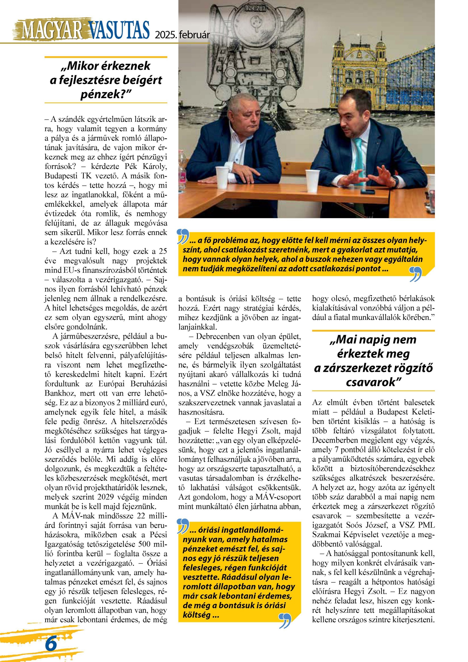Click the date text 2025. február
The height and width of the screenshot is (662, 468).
click(182, 35)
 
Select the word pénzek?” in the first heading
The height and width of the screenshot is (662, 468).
click(106, 94)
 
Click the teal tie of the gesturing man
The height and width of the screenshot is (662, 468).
click(358, 156)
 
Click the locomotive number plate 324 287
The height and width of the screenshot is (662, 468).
click(255, 9)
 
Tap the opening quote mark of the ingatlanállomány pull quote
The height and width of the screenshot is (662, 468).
click(183, 526)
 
